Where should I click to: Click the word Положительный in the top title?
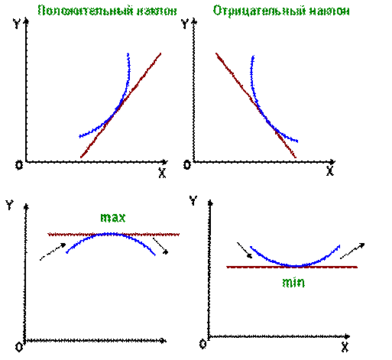pyautogui.click(x=86, y=11)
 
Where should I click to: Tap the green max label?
pyautogui.click(x=113, y=218)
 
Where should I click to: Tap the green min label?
pyautogui.click(x=293, y=282)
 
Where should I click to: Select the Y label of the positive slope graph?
pyautogui.click(x=17, y=23)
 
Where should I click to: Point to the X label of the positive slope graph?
pyautogui.click(x=162, y=173)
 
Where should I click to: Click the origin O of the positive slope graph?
pyautogui.click(x=19, y=165)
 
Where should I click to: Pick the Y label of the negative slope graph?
pyautogui.click(x=185, y=23)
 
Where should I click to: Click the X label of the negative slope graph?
pyautogui.click(x=330, y=171)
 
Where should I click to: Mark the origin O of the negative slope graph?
pyautogui.click(x=187, y=165)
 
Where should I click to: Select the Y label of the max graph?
pyautogui.click(x=9, y=204)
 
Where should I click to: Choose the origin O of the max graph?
pyautogui.click(x=19, y=347)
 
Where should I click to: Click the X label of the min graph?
pyautogui.click(x=345, y=347)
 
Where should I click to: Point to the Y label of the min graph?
pyautogui.click(x=193, y=200)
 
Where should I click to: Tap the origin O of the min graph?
pyautogui.click(x=202, y=344)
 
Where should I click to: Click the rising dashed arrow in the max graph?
pyautogui.click(x=53, y=251)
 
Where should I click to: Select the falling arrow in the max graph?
pyautogui.click(x=160, y=246)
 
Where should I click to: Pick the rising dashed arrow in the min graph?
pyautogui.click(x=352, y=251)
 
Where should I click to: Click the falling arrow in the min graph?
pyautogui.click(x=245, y=250)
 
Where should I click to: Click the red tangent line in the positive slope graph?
pyautogui.click(x=121, y=105)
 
